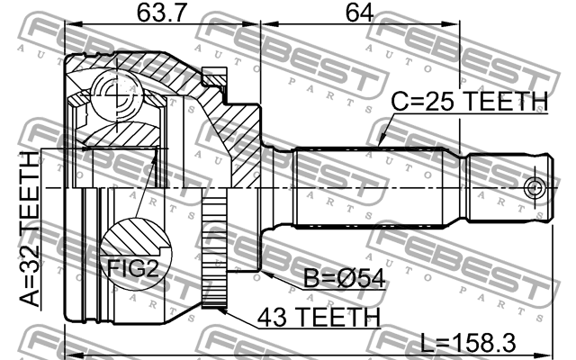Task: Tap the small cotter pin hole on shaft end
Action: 535,188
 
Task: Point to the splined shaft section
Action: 378,188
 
